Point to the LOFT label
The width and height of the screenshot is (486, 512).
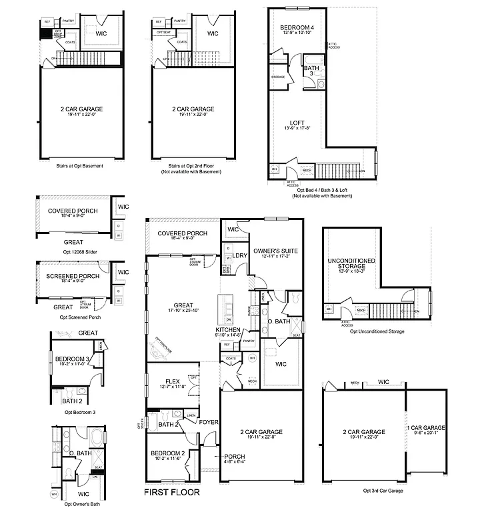[297, 123]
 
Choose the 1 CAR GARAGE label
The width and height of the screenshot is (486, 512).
[426, 427]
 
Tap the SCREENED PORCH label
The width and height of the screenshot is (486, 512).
[73, 276]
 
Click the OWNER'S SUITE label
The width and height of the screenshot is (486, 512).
[275, 251]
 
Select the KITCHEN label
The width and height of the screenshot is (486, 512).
[228, 330]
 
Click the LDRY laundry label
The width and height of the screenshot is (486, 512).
[239, 255]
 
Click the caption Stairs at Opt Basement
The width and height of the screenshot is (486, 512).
[80, 165]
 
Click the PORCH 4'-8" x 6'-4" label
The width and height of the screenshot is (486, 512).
[234, 457]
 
